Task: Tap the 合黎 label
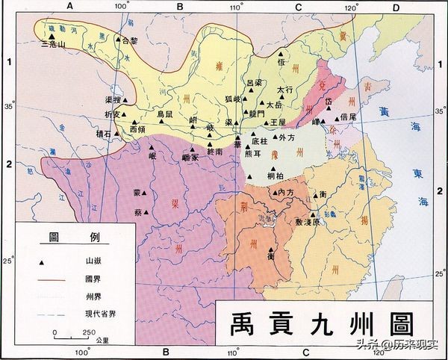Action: (130, 42)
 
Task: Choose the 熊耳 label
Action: (253, 154)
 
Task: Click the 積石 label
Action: (103, 134)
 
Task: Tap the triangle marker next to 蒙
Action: (147, 192)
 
